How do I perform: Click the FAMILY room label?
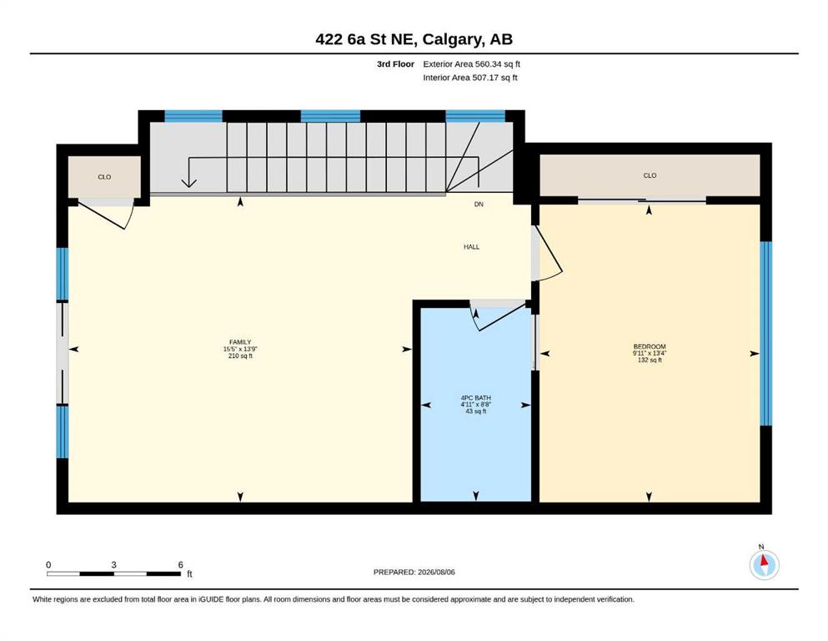click(240, 342)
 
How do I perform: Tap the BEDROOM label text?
click(650, 346)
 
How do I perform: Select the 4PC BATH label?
click(476, 398)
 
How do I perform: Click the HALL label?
click(472, 247)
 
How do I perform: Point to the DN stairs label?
click(479, 204)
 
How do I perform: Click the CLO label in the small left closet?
click(104, 177)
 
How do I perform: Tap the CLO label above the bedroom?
click(650, 175)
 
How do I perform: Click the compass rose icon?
click(764, 564)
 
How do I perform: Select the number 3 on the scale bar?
click(113, 565)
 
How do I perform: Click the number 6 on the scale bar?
click(181, 565)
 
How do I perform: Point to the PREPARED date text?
click(414, 572)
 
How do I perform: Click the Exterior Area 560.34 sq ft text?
click(472, 64)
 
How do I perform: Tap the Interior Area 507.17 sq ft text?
click(470, 78)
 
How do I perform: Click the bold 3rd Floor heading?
click(395, 64)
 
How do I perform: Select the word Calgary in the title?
click(453, 39)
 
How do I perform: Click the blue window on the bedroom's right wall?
click(765, 334)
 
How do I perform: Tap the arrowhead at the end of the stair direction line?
click(189, 183)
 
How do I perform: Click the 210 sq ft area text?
click(240, 356)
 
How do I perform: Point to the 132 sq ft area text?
click(650, 361)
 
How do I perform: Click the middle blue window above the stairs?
click(330, 116)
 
